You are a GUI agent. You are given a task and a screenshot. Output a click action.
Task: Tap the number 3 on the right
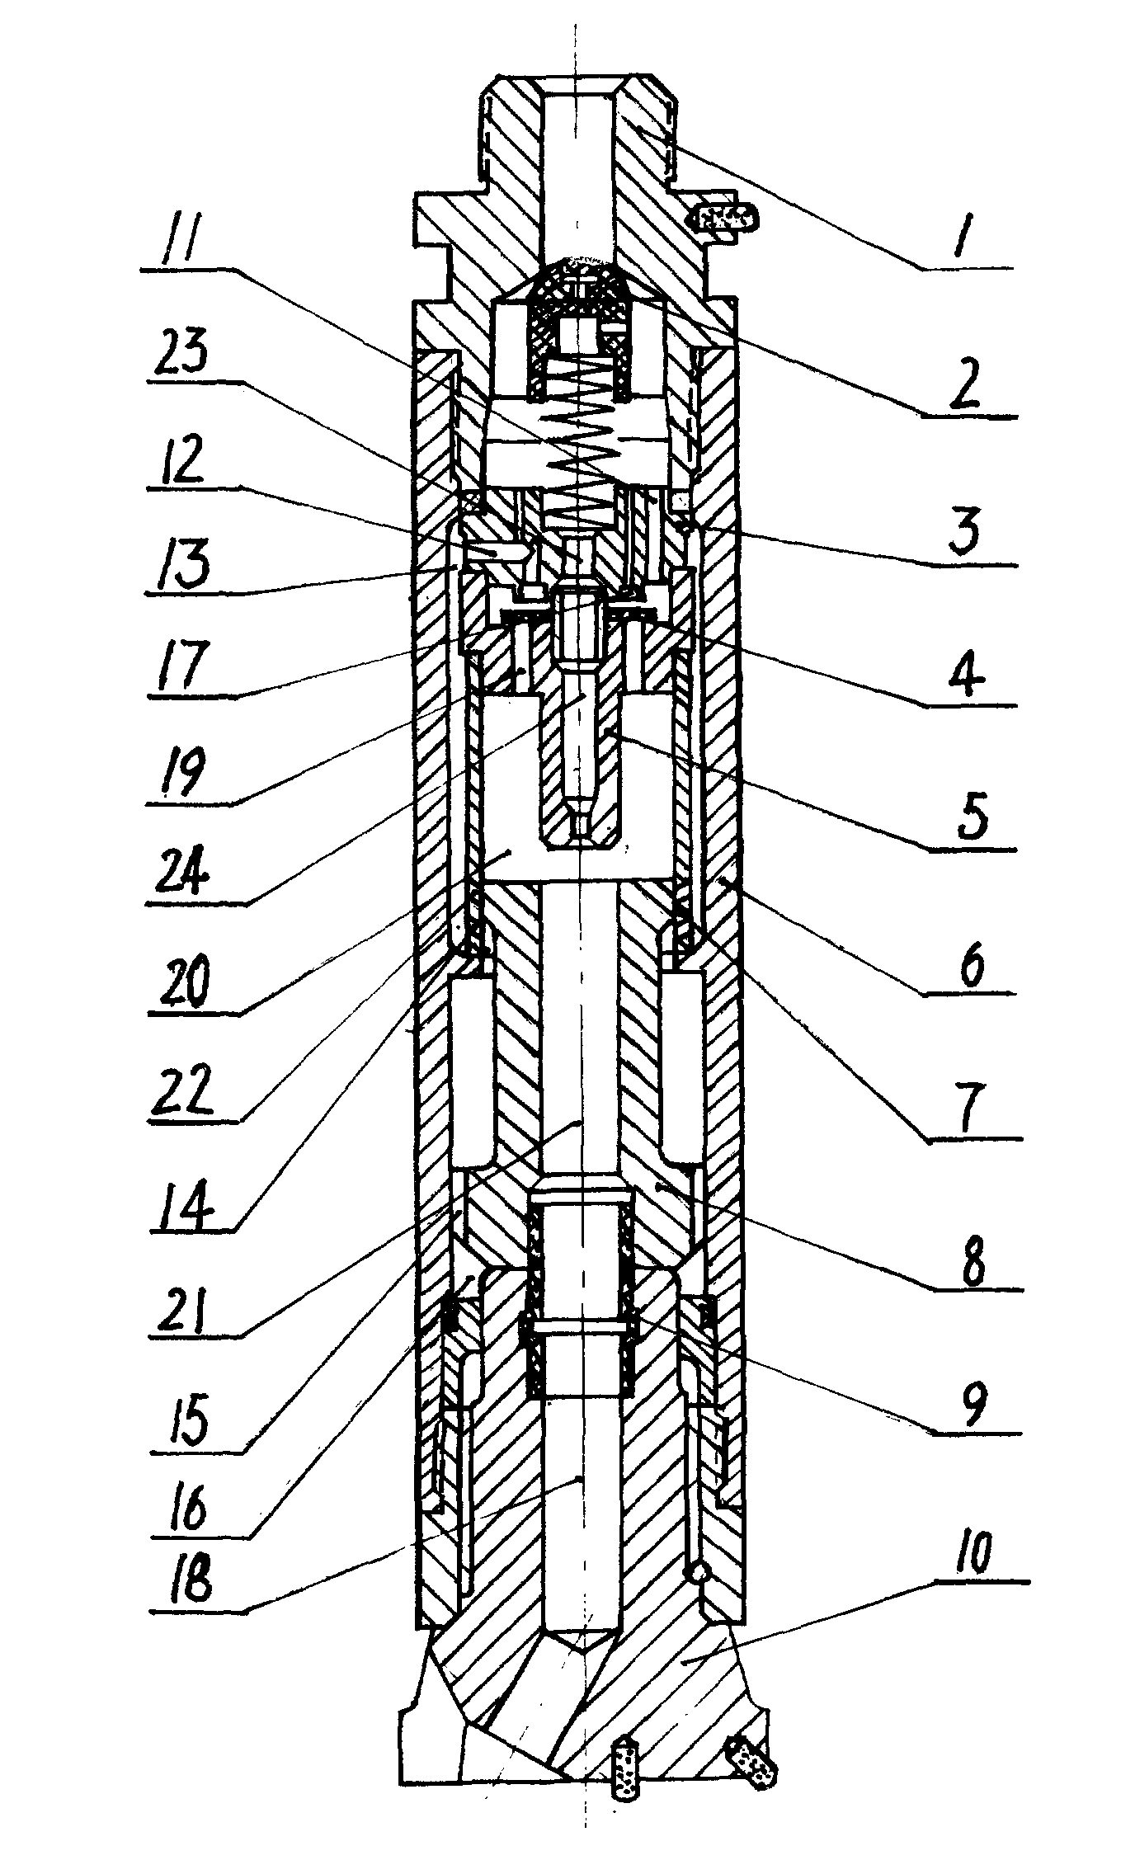click(x=963, y=533)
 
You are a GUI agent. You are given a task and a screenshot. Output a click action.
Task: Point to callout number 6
click(x=971, y=967)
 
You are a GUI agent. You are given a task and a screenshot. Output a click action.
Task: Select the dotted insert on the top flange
click(x=725, y=219)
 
